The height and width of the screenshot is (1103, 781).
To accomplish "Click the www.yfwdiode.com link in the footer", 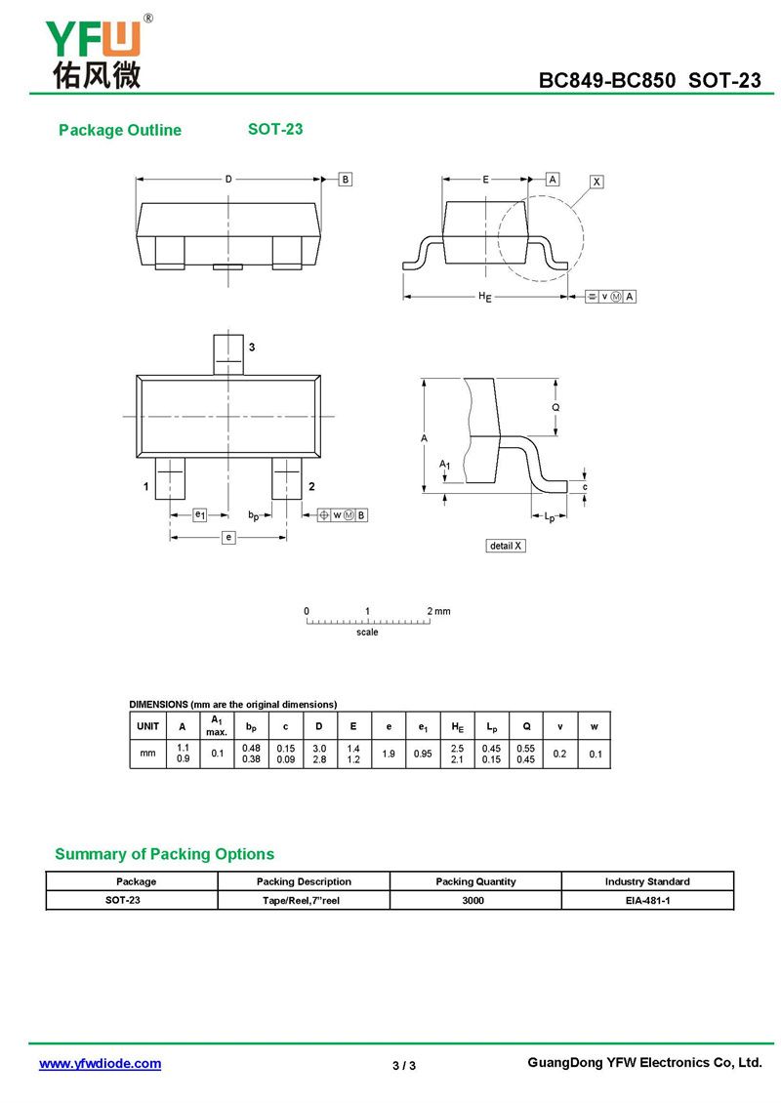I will point(100,1064).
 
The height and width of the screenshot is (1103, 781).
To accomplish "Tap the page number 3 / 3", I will point(404,1065).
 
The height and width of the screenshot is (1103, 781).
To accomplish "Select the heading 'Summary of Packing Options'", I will point(164,854).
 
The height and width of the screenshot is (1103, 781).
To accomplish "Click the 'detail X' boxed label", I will point(506,546).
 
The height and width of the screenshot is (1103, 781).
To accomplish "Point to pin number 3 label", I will point(252,347).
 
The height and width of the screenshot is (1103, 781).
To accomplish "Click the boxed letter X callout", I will point(596,182).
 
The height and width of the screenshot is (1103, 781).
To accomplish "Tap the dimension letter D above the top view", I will point(228,180).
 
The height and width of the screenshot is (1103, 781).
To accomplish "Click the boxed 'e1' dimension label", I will point(198,514).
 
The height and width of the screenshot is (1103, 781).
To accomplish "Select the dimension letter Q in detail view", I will point(555,407).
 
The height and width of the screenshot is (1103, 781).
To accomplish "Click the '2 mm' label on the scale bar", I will point(439,611).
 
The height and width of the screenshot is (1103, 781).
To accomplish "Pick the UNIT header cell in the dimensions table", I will point(148,726).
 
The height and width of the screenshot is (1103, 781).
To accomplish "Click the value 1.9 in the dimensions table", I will point(388,754).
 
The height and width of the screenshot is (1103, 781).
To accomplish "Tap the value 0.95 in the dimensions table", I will point(423,754).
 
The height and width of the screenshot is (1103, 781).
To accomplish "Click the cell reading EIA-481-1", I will point(647,900).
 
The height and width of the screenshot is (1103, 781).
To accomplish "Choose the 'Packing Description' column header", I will point(304,881).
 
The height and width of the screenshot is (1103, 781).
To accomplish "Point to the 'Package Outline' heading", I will point(120,131).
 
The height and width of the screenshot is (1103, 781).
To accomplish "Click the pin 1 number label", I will point(145,486).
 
